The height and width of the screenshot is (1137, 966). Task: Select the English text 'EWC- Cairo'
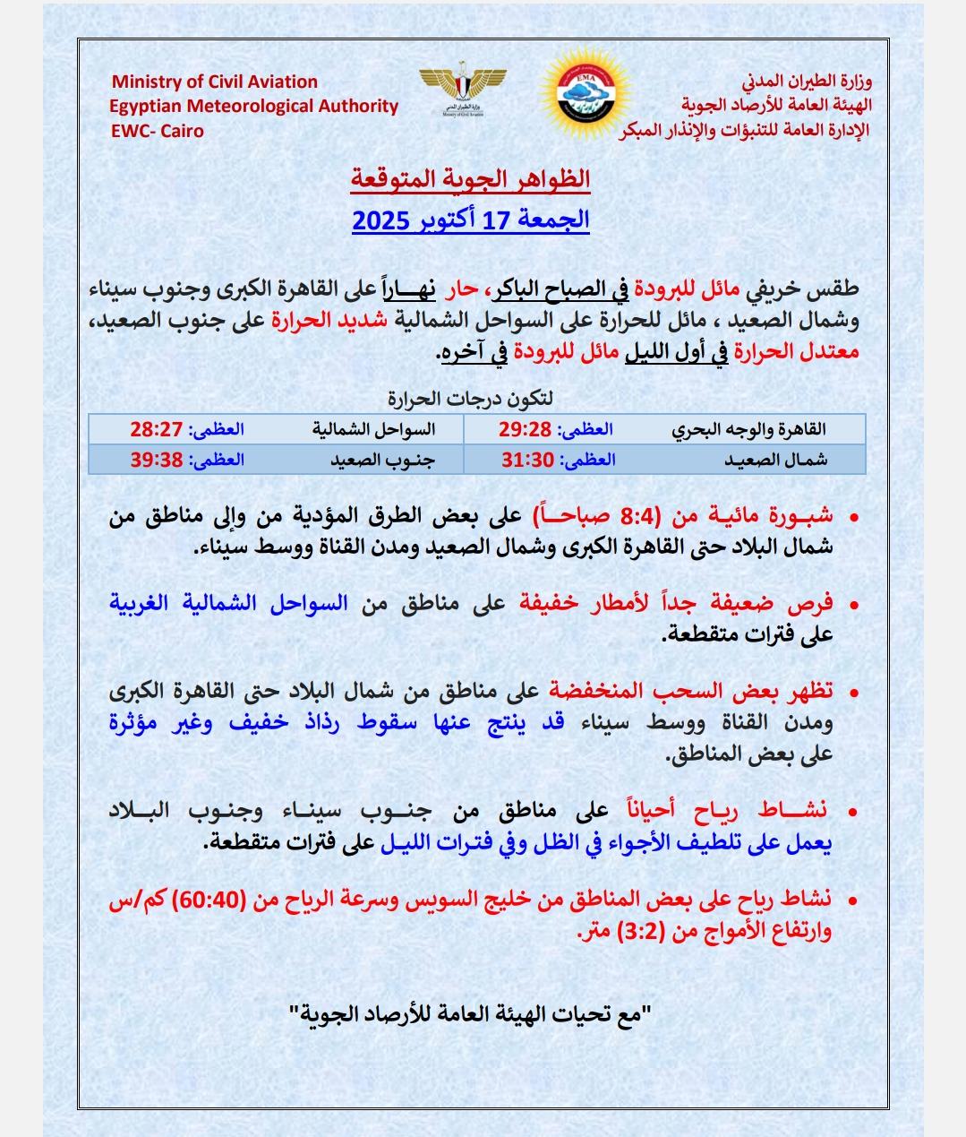(157, 131)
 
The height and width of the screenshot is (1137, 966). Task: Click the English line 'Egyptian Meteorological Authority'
(254, 106)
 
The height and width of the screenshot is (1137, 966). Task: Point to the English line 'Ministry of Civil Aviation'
(214, 82)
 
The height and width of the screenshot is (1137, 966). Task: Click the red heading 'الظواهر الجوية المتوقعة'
(470, 178)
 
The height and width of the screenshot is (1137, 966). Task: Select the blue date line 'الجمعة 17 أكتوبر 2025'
(470, 220)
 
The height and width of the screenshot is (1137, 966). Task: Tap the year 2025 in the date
(381, 220)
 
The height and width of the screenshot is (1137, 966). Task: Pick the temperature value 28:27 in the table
(157, 429)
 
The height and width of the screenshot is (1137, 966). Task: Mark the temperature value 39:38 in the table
(157, 460)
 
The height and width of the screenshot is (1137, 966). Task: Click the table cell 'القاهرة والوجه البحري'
(749, 429)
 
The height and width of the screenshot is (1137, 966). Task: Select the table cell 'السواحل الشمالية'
(373, 429)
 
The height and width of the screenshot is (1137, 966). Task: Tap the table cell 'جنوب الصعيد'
(373, 460)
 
